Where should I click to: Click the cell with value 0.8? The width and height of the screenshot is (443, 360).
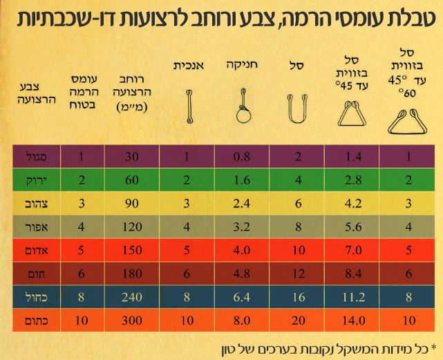[x=243, y=157]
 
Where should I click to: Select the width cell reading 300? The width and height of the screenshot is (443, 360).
[x=131, y=321]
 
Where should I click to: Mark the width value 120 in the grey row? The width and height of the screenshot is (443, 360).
[x=131, y=227]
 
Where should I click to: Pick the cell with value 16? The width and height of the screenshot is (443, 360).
[x=298, y=297]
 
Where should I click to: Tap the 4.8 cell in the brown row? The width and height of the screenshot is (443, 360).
[x=243, y=274]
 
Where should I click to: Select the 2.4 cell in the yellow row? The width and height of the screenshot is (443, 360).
[x=243, y=204]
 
